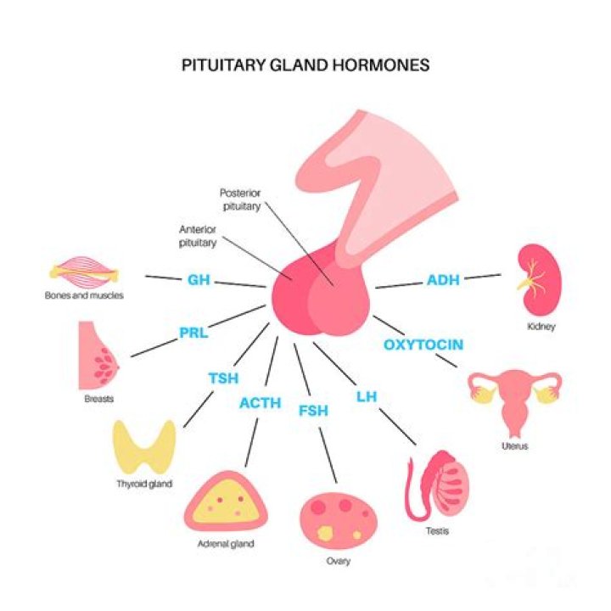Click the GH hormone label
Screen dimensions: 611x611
(x=199, y=279)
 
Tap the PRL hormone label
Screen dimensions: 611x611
(x=193, y=333)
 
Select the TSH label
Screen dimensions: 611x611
(x=224, y=378)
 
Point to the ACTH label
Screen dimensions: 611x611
(x=260, y=402)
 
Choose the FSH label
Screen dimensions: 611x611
(x=313, y=412)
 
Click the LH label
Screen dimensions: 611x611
(x=367, y=395)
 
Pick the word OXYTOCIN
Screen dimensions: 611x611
(x=423, y=345)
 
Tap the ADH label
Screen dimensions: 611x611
(x=443, y=279)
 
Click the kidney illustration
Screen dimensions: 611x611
(x=535, y=279)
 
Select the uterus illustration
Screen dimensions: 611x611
(x=514, y=399)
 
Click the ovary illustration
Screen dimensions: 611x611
(x=332, y=519)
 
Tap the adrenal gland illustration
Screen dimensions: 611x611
(x=226, y=502)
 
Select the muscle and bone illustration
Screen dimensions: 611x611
(x=83, y=272)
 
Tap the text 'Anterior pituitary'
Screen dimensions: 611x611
(x=199, y=236)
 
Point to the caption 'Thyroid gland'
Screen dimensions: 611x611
(x=144, y=484)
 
